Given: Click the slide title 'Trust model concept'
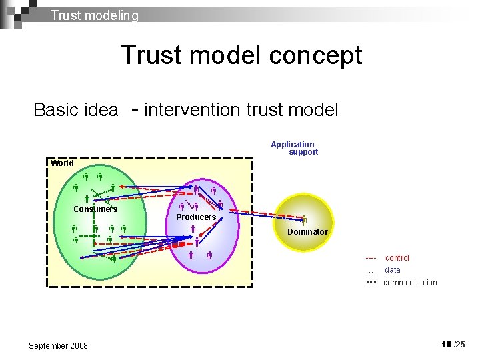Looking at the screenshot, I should [x=241, y=55].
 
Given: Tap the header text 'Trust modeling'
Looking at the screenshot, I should [x=95, y=15].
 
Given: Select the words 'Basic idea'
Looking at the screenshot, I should [x=75, y=110].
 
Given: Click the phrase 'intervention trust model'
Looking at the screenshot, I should [x=241, y=110].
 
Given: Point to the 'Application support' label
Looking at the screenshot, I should [x=294, y=148].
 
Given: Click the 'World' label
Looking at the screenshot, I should [x=62, y=163].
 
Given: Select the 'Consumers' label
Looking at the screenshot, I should [x=95, y=209].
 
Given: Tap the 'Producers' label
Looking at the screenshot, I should [x=196, y=217].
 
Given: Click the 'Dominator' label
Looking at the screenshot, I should [x=307, y=232].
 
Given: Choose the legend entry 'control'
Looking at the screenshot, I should [x=397, y=258].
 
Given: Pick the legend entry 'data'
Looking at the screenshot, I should [x=393, y=270].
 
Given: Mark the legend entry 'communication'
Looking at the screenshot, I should [x=410, y=283].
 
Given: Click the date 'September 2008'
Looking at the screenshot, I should [x=58, y=345].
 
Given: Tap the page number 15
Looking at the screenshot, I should [x=446, y=344].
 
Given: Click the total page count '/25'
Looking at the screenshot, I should [x=459, y=345].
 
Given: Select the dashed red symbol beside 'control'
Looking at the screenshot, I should [x=371, y=258].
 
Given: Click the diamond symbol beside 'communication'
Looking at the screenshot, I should [x=371, y=283].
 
